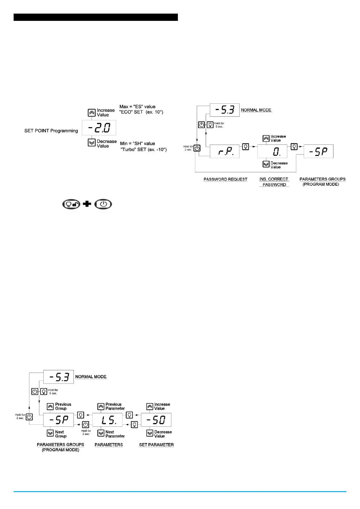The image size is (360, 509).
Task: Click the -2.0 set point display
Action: click(99, 128)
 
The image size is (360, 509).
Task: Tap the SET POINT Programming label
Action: click(51, 131)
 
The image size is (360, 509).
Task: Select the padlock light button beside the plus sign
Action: click(71, 204)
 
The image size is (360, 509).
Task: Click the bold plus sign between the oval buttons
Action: click(87, 204)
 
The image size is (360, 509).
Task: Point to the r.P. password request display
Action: click(224, 151)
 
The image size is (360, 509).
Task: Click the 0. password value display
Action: click(272, 151)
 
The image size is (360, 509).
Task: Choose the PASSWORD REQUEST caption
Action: click(225, 179)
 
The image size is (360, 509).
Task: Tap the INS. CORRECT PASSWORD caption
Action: click(274, 182)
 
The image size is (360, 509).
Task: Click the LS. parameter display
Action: click(107, 420)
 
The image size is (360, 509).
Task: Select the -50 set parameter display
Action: click(156, 420)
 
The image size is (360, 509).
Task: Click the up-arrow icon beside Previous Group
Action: click(51, 407)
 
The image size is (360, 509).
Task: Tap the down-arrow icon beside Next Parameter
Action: click(101, 433)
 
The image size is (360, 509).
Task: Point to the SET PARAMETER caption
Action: click(156, 445)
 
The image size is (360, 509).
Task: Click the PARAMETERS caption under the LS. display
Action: click(109, 445)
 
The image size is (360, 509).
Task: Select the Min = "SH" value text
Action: click(137, 144)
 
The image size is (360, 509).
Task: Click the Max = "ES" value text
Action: click(137, 107)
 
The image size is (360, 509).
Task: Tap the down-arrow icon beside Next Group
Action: click(51, 433)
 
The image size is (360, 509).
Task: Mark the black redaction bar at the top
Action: click(96, 17)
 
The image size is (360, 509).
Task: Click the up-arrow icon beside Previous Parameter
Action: click(101, 407)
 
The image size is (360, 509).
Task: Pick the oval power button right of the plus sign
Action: click(103, 204)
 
